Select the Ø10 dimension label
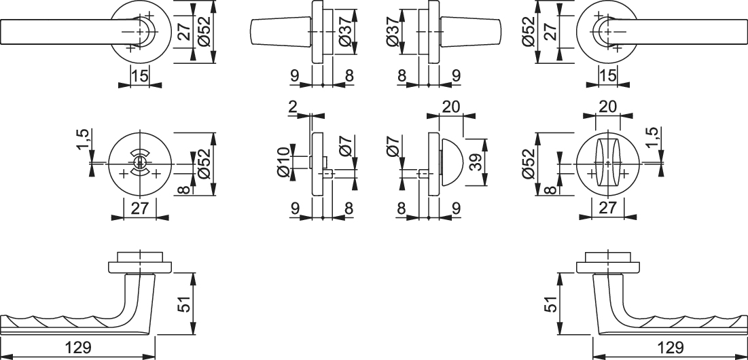(283, 162)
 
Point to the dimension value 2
(293, 107)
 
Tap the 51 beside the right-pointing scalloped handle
(551, 303)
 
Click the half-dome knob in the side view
(451, 162)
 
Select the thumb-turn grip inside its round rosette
(607, 162)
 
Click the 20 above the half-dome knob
(451, 107)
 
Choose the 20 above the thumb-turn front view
(607, 106)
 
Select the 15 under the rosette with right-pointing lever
(608, 75)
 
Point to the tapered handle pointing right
(470, 31)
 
